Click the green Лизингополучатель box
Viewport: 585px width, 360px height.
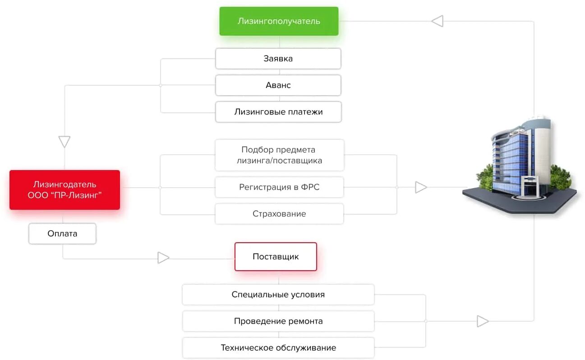(279, 21)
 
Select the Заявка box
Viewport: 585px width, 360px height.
(278, 59)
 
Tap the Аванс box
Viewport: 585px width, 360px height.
(278, 85)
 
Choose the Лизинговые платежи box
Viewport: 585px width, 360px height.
(278, 112)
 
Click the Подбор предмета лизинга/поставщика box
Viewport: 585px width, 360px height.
(279, 155)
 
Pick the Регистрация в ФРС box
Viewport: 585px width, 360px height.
(279, 187)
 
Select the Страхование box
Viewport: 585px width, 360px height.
(279, 214)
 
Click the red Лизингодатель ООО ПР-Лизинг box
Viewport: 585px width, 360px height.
(64, 190)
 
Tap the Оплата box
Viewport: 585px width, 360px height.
(62, 234)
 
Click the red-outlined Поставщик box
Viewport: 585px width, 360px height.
(276, 257)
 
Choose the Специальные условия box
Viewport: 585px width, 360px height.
(278, 295)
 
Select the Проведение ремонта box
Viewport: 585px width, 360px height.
(278, 321)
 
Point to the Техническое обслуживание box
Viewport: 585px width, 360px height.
(278, 348)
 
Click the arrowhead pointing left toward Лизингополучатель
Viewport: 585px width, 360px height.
(437, 21)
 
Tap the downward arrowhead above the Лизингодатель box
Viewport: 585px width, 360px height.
(64, 142)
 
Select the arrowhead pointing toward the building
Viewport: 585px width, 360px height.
(421, 187)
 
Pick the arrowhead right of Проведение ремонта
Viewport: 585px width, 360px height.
(483, 321)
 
